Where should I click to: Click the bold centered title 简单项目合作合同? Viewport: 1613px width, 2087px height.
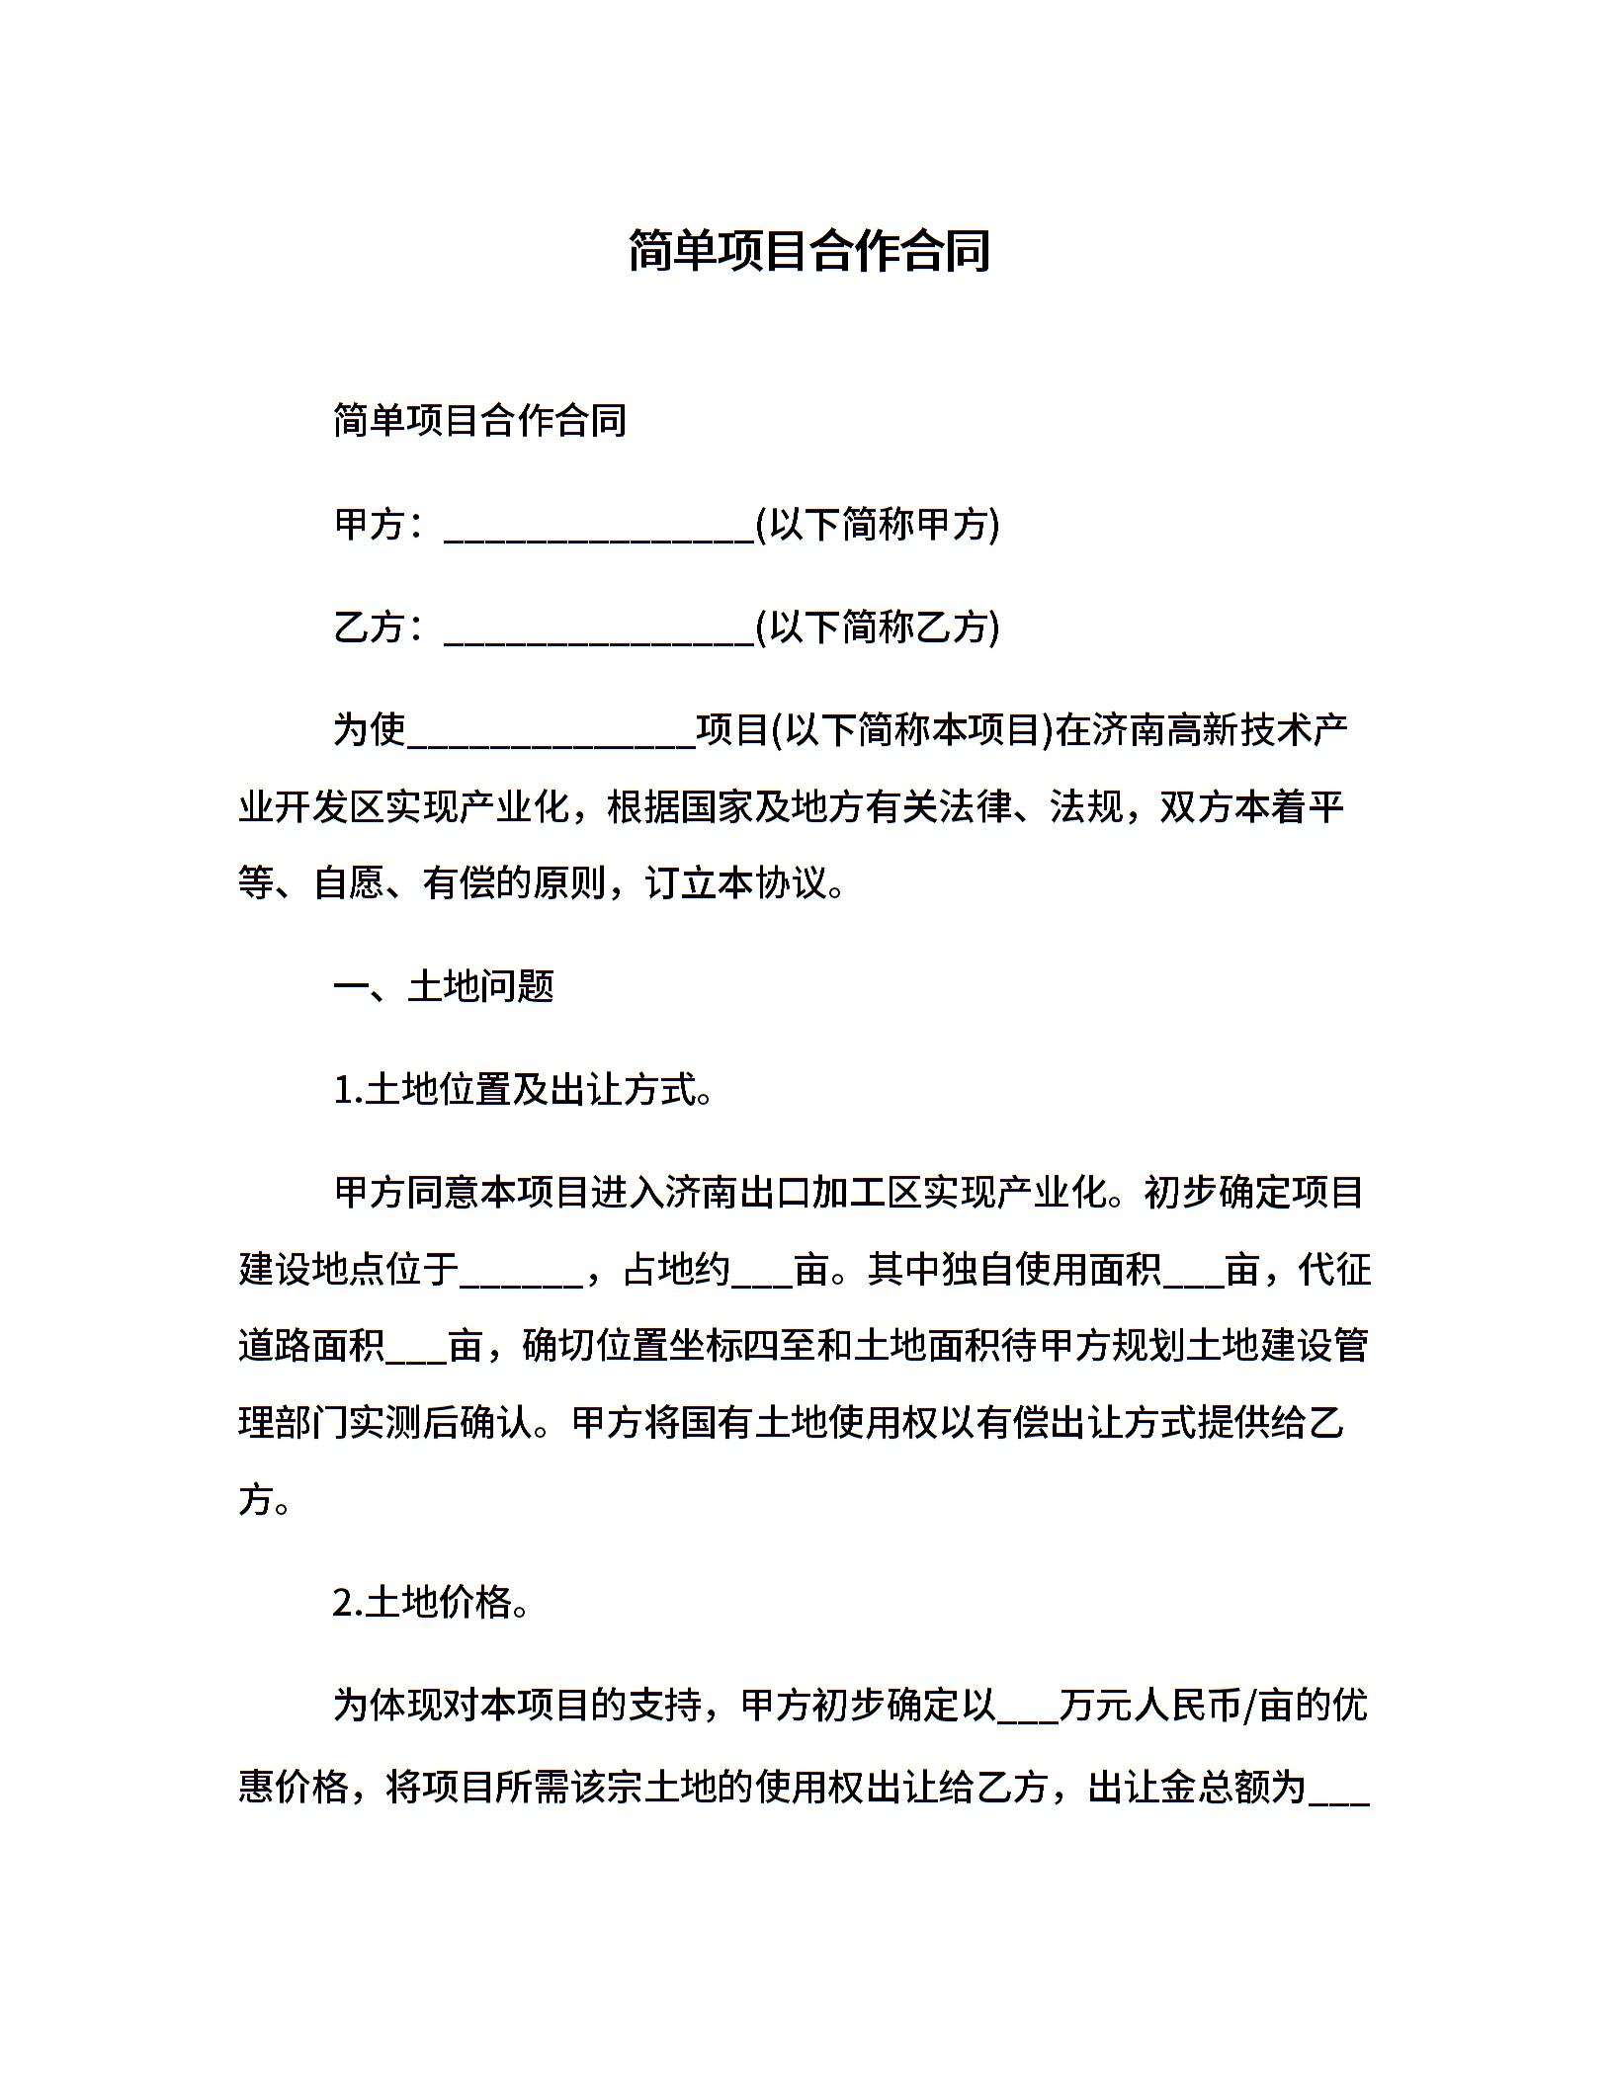tap(808, 251)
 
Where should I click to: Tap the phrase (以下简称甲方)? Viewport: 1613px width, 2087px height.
tap(878, 525)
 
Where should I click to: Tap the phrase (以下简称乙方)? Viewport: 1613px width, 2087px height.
tap(878, 627)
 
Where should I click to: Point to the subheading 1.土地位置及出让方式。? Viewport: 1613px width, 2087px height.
tap(524, 1090)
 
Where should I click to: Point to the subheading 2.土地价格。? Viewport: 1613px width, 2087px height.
tap(432, 1602)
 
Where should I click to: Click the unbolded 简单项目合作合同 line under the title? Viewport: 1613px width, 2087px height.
tap(479, 421)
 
